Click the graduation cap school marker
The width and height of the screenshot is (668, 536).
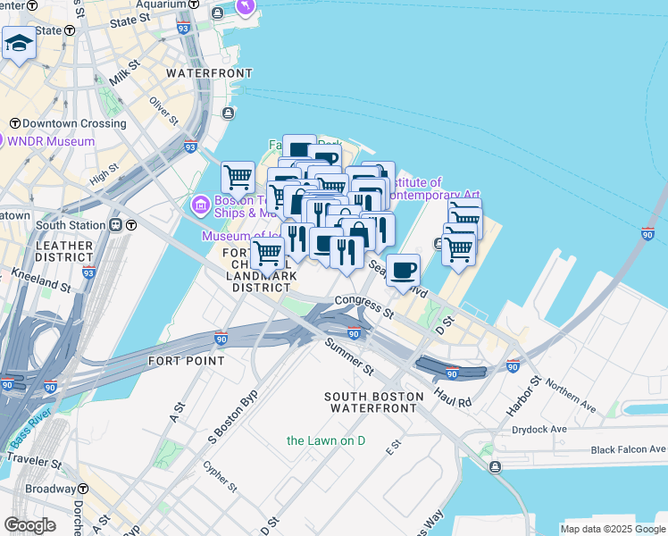tap(19, 42)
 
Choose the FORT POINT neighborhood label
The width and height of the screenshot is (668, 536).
tap(186, 361)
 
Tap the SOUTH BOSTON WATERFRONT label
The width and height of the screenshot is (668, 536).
tap(372, 402)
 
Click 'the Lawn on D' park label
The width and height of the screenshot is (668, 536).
tap(326, 440)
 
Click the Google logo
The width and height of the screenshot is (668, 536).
tap(29, 525)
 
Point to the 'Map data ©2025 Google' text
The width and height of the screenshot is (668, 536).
tap(612, 529)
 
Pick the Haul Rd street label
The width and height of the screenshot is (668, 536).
tap(452, 398)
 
